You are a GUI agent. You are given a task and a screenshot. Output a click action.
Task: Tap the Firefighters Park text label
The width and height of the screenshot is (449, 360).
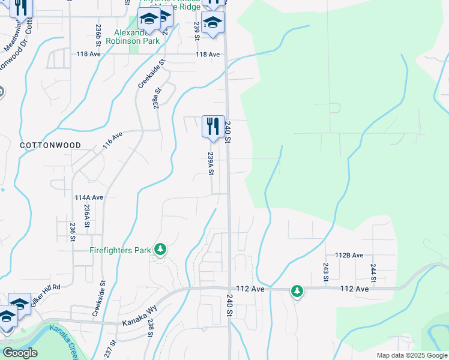pyautogui.click(x=120, y=250)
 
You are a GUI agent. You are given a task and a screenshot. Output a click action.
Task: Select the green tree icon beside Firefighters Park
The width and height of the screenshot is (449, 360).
pyautogui.click(x=160, y=248)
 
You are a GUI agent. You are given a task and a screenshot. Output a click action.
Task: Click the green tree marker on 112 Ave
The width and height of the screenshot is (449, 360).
pyautogui.click(x=297, y=291)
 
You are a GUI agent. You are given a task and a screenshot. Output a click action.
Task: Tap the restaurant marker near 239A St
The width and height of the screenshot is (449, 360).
pyautogui.click(x=213, y=127)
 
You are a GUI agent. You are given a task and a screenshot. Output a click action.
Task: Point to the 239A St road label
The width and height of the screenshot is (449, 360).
pyautogui.click(x=211, y=163)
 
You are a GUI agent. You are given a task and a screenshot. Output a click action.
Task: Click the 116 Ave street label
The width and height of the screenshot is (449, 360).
pyautogui.click(x=113, y=140)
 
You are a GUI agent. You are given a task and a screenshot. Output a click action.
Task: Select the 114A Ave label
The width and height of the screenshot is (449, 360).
pyautogui.click(x=89, y=197)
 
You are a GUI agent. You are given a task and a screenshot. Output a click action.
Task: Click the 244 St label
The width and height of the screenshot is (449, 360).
pyautogui.click(x=373, y=272)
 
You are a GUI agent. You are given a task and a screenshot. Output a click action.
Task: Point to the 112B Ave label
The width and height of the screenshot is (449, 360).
pyautogui.click(x=349, y=255)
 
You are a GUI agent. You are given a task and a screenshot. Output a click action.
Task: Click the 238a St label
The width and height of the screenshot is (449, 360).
pyautogui.click(x=156, y=99)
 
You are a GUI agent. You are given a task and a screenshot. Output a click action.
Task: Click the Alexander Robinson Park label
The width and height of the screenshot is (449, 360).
pyautogui.click(x=133, y=37)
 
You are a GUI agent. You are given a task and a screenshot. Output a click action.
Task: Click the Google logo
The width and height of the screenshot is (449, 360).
pyautogui.click(x=20, y=353)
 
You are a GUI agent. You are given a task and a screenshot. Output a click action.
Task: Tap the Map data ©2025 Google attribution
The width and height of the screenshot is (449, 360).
pyautogui.click(x=411, y=355)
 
